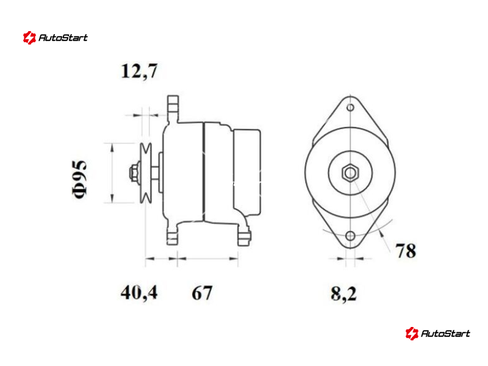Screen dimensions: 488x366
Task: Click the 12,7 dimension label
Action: coord(139,71)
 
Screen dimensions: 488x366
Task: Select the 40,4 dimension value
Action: coord(139,293)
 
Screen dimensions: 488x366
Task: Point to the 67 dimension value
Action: coord(202,293)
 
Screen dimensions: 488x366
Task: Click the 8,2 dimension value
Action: coord(343,293)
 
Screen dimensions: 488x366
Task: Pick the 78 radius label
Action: coord(406,250)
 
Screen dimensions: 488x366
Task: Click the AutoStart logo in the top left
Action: coord(56,38)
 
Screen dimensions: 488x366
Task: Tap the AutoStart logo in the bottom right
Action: coord(438,333)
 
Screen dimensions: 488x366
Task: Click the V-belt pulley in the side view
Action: coord(146,173)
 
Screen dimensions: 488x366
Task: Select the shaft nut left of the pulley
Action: coord(134,173)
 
